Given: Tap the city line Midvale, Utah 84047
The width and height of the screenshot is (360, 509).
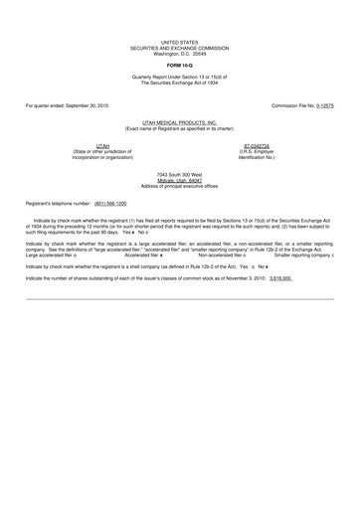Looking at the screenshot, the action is [x=179, y=179].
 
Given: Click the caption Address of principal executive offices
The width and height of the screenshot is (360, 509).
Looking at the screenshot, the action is [x=179, y=185].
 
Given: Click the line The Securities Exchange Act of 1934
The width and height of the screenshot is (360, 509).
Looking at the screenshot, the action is [x=180, y=84].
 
